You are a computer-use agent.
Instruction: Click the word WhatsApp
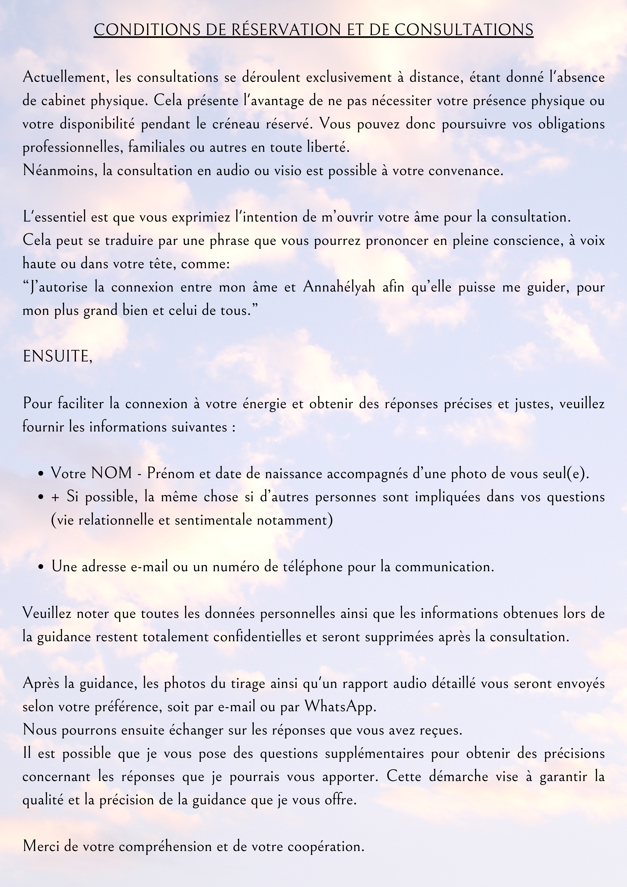pyautogui.click(x=340, y=707)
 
